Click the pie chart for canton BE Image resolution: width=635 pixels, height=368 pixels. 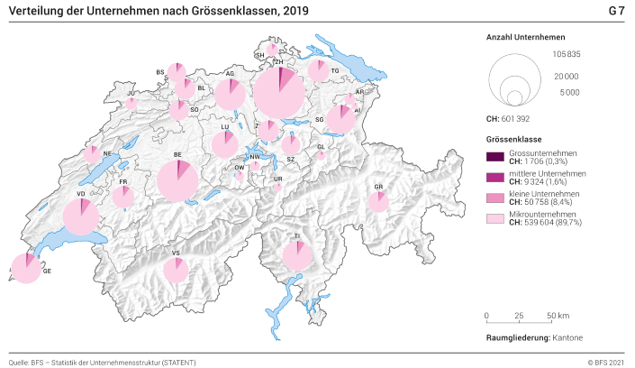coord(177,180)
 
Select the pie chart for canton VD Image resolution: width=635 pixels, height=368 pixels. coord(81,216)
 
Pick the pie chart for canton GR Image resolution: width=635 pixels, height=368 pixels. coord(379,201)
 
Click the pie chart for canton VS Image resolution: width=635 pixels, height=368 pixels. coord(177,270)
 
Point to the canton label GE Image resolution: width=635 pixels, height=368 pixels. coord(48,271)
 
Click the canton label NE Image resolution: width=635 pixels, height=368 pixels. coord(107,153)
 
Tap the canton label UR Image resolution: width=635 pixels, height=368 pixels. coord(277,179)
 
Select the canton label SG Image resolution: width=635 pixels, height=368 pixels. coord(319,119)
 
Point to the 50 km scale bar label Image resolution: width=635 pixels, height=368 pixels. coord(558,316)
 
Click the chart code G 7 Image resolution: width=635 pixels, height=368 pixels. coord(615,11)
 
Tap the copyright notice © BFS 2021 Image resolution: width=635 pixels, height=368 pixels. coord(602,362)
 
